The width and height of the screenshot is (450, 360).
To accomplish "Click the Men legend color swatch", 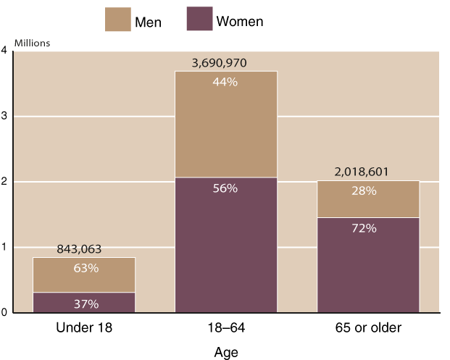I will (x=118, y=20).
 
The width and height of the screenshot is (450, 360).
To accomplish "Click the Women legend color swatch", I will (x=199, y=20).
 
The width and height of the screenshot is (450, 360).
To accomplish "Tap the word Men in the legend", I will (x=147, y=22).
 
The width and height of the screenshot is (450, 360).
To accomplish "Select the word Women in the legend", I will (x=239, y=22).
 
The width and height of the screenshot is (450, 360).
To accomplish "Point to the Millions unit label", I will (x=31, y=43).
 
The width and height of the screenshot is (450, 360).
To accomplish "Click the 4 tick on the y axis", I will (x=4, y=51).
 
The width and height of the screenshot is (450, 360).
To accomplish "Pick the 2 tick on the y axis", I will (x=4, y=182).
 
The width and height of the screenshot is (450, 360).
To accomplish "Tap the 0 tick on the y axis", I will (x=4, y=313).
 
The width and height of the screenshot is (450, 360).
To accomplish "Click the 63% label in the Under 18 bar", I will (x=84, y=268).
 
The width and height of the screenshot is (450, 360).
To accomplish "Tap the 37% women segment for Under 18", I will (x=84, y=304).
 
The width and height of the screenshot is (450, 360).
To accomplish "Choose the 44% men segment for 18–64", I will (x=225, y=123).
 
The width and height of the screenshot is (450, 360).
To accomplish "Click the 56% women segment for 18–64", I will (x=225, y=245).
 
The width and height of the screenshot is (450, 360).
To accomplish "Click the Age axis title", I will (x=225, y=352).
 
